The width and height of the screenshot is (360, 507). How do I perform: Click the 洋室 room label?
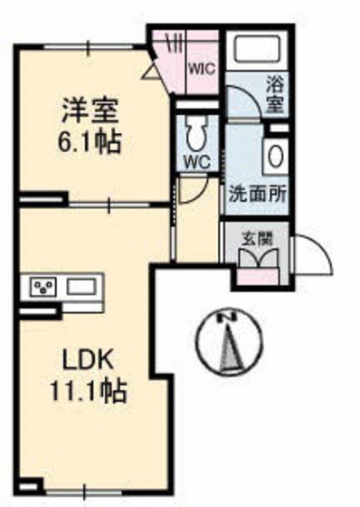[x=90, y=110]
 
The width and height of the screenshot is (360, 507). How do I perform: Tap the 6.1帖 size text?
[x=90, y=141]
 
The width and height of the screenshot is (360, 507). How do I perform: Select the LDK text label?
[x=88, y=360]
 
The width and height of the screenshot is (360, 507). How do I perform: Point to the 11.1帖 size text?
[x=88, y=390]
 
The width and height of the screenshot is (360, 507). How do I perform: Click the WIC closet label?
[x=202, y=69]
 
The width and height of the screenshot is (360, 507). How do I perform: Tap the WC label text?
[x=197, y=162]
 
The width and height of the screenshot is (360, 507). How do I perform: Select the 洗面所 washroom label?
[x=258, y=195]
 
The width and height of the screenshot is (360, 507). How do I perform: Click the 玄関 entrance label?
[x=258, y=240]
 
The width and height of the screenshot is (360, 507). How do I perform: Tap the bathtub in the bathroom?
[x=257, y=49]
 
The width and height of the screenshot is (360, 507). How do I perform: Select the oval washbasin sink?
[x=276, y=156]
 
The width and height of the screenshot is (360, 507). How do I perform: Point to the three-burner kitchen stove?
[x=44, y=286]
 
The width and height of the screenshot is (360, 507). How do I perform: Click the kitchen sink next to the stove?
[x=81, y=286]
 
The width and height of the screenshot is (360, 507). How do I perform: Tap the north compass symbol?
[x=229, y=341]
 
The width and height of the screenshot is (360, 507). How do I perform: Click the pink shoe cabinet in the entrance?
[x=258, y=276]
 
